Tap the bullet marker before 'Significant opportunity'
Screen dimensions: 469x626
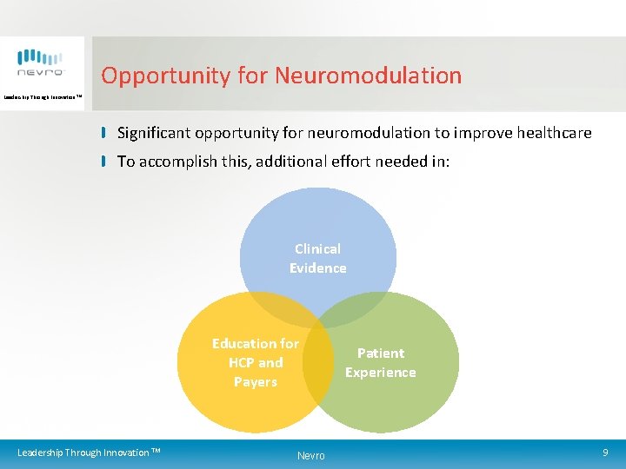103,133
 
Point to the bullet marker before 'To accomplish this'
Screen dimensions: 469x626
103,161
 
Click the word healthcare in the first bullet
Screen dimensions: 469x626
553,133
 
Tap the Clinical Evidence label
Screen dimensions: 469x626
317,258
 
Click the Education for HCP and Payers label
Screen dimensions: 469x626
255,362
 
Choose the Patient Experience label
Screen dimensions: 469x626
380,362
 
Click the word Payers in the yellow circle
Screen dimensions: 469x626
255,381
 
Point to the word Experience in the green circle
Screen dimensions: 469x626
380,373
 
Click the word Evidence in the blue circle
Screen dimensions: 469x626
317,268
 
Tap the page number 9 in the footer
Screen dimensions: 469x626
605,452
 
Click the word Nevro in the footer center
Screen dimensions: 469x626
310,455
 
